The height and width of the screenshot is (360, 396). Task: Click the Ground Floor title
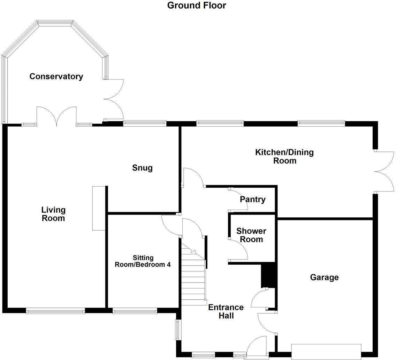197,6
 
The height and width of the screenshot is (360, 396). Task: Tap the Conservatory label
56,76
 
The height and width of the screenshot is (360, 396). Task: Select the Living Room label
53,214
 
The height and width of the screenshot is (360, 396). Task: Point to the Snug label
142,168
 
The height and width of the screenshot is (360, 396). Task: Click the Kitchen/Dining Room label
284,156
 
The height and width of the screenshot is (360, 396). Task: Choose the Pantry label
252,199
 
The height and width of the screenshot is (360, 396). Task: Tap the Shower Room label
251,235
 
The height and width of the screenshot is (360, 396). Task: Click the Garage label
324,277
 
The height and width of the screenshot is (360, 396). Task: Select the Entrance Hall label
226,312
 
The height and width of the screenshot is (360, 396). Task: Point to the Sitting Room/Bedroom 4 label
143,261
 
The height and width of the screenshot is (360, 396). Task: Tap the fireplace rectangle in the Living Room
98,208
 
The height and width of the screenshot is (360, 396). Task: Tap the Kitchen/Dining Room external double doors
384,172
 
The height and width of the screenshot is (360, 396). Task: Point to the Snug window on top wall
145,123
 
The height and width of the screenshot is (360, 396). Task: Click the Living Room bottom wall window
55,310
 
